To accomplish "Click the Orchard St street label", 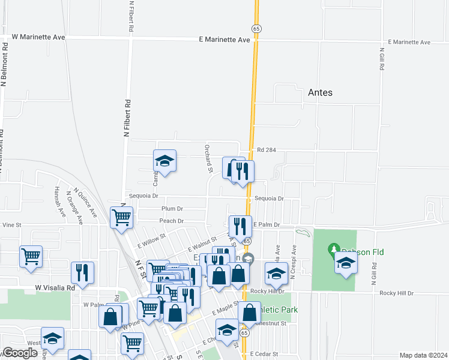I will (208, 158).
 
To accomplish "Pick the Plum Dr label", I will (172, 209).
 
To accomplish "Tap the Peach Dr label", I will (171, 221).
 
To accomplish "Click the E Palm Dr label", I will (267, 224).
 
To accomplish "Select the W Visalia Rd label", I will (55, 287).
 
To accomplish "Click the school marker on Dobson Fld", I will (346, 263).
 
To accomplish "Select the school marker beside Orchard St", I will (164, 160).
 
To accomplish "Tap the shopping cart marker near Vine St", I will (122, 218).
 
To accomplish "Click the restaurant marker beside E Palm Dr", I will (240, 226).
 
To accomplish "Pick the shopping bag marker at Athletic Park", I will (249, 312).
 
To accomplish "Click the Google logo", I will (20, 353).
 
